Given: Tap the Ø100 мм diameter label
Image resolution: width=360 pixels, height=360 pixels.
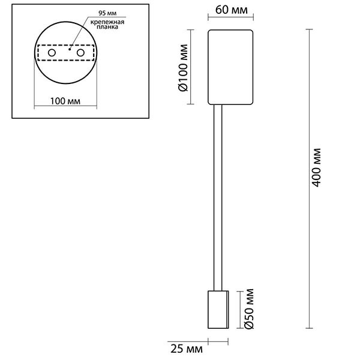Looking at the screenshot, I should click(x=184, y=67).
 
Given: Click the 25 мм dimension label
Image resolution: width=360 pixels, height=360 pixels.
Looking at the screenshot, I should click(x=185, y=348).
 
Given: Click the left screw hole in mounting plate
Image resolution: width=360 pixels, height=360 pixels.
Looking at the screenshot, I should click(x=52, y=53).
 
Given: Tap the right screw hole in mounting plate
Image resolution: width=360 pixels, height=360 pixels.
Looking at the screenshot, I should click(x=78, y=53).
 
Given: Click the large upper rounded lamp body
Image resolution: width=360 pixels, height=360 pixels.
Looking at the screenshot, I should click(x=230, y=66).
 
